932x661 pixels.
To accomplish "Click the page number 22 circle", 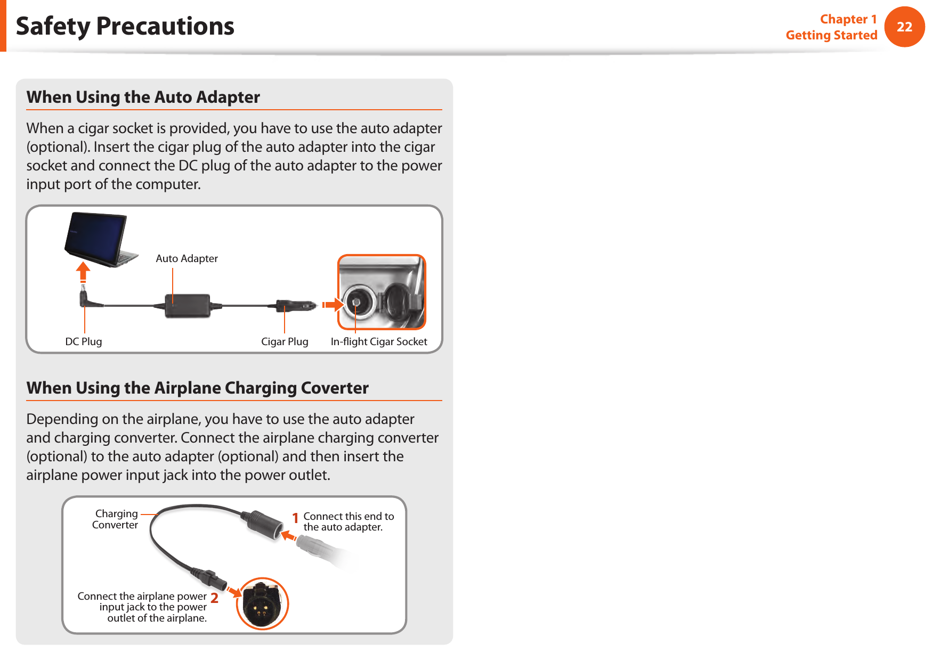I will tap(904, 27).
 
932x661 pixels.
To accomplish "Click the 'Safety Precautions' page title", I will tap(125, 26).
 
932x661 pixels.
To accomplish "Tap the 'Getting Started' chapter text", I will tap(831, 35).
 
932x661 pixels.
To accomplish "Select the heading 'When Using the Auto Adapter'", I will tap(143, 97).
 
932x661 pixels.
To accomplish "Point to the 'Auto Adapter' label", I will tap(187, 258).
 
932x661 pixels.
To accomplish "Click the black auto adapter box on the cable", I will tap(187, 306).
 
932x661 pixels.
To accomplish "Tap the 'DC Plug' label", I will tap(84, 341).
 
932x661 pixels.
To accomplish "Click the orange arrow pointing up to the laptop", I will tap(83, 272).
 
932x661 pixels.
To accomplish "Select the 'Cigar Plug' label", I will tap(285, 341).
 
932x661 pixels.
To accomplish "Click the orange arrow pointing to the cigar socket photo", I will tap(333, 305).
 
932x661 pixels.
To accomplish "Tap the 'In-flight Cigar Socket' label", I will tap(378, 341).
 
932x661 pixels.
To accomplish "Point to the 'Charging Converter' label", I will tap(115, 519).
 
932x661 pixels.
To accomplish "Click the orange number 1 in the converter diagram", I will tap(295, 518).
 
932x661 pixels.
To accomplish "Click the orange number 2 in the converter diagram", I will tap(214, 598).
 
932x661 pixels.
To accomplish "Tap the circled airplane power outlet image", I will tap(262, 604).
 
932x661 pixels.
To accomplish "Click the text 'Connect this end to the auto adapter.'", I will tap(348, 521).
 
